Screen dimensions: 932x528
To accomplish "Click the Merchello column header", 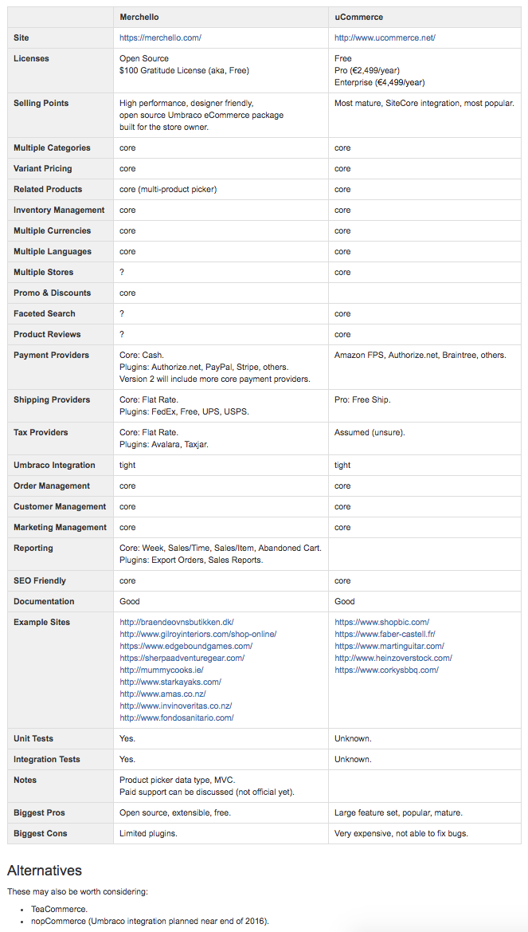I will point(140,17).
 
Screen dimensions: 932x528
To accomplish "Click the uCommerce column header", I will point(358,17).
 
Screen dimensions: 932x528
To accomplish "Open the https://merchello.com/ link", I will point(160,37).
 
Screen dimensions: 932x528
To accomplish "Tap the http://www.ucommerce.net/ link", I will point(385,37).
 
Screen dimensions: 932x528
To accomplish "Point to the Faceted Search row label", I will point(45,313).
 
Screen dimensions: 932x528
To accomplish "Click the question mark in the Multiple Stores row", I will point(122,272).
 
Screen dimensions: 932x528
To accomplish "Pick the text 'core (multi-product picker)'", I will point(168,189).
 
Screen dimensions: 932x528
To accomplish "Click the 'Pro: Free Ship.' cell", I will point(362,399).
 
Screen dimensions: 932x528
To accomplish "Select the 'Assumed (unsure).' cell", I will point(370,432).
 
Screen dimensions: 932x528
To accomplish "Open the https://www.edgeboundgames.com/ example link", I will point(186,646).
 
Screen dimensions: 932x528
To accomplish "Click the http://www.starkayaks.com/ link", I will point(170,682).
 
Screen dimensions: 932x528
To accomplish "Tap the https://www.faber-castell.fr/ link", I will point(385,634).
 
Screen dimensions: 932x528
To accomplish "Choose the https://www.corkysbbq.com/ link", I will point(386,670).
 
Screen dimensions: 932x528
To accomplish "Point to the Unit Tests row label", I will point(33,738).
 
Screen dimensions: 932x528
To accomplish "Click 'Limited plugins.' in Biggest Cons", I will point(148,833).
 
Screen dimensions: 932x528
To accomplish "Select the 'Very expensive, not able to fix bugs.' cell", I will point(401,833).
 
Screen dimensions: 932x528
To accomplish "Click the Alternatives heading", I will point(45,870).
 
